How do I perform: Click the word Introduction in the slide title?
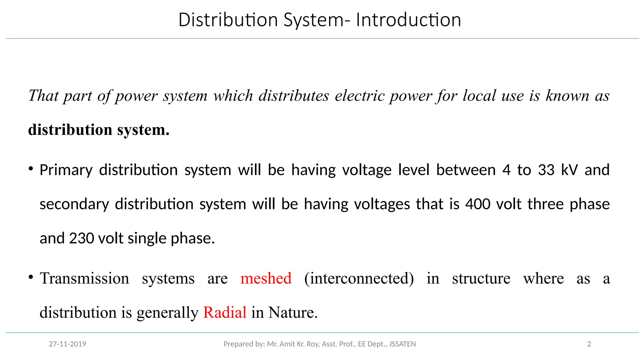tap(408, 20)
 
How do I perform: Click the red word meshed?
tap(266, 278)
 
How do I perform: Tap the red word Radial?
tap(225, 312)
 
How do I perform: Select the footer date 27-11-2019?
tap(67, 344)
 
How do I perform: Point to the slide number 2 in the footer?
tap(589, 344)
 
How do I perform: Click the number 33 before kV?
tap(546, 170)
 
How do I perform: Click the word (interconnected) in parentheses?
tap(359, 278)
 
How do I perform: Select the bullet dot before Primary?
tap(31, 169)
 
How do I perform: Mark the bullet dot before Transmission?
tap(31, 277)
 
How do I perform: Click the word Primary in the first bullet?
tap(66, 170)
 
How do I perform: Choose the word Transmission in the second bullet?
tap(84, 278)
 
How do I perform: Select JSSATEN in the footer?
tap(402, 344)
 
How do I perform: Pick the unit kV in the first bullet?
tap(569, 170)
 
